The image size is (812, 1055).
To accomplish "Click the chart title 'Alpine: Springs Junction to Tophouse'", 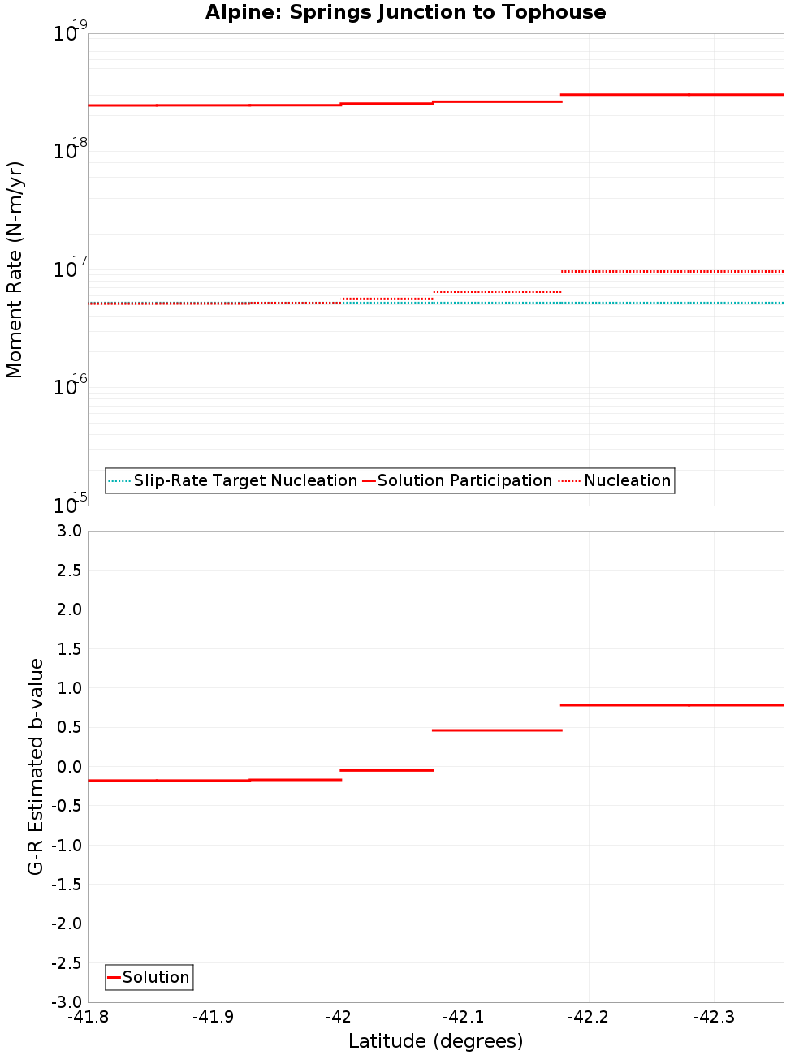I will [405, 12].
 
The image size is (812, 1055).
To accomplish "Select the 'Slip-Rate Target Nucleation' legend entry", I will [244, 480].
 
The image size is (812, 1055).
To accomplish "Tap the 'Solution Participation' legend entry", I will [464, 480].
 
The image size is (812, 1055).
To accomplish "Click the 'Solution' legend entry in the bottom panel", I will [155, 977].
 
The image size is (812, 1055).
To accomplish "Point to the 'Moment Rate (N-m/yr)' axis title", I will [15, 269].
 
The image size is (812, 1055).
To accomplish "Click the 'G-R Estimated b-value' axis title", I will [36, 766].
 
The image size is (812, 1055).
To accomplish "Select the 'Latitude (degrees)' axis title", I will [435, 1041].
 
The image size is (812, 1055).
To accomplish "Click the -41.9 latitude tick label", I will [214, 1017].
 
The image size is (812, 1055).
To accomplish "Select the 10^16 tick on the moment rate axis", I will [70, 385].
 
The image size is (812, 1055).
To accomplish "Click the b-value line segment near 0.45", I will [496, 730].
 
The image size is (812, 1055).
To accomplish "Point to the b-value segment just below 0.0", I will [387, 770].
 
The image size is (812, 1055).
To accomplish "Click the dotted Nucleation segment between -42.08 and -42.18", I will [496, 291].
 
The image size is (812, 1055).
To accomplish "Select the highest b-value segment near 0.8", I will [672, 705].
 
